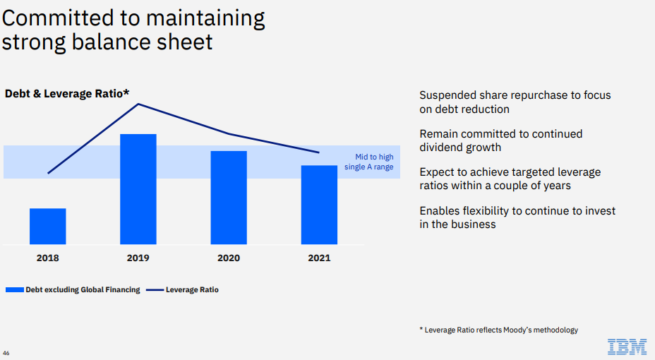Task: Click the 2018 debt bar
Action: click(47, 227)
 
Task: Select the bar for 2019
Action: click(138, 189)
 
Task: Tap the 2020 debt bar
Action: click(229, 198)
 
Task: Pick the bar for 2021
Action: click(319, 205)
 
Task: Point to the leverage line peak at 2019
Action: click(138, 104)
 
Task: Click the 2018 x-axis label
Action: click(47, 258)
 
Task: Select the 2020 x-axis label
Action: click(229, 258)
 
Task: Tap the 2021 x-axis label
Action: click(319, 258)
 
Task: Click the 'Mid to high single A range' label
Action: click(369, 162)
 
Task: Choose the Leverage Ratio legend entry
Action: click(183, 289)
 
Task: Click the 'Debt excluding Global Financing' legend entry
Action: click(73, 289)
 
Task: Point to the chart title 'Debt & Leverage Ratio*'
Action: click(67, 94)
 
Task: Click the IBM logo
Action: click(627, 347)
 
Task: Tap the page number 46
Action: click(6, 353)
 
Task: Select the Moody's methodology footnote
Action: click(499, 330)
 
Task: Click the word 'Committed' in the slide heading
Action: click(58, 18)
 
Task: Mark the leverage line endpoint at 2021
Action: click(319, 152)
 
